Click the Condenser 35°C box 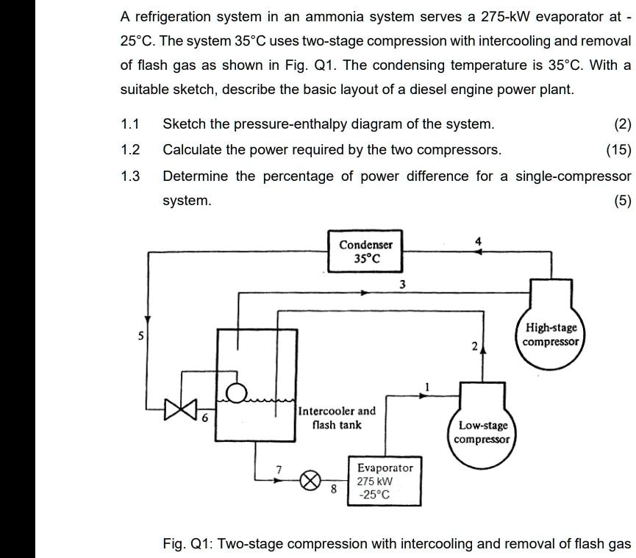365,252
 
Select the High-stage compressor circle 551,335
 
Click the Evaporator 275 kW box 385,481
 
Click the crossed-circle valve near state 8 311,481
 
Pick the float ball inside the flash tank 235,394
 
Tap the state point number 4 479,240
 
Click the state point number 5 141,335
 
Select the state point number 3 402,284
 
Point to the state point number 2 475,346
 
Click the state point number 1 425,386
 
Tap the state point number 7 279,468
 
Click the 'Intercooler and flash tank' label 337,418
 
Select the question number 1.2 130,150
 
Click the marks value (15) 618,150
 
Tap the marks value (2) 622,124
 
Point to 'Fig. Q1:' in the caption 187,543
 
